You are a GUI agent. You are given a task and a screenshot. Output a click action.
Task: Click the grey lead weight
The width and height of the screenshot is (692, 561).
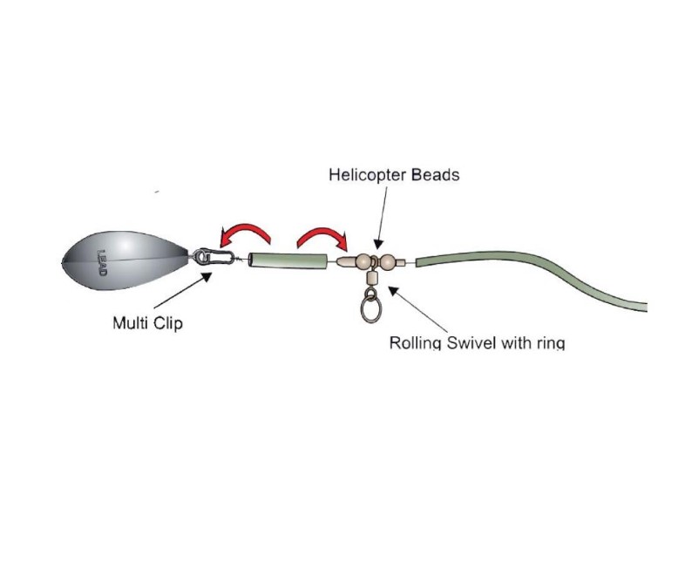click(128, 260)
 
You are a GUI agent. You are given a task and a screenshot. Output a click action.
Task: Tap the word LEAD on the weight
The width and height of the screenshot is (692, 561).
click(101, 263)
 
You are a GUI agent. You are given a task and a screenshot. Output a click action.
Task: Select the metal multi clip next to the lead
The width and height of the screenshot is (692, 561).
click(214, 256)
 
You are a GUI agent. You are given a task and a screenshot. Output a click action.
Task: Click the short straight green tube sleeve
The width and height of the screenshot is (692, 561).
click(288, 260)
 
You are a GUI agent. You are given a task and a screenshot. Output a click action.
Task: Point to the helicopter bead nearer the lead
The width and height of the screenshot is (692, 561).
click(363, 261)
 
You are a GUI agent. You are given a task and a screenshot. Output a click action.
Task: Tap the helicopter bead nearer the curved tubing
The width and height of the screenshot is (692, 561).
click(387, 262)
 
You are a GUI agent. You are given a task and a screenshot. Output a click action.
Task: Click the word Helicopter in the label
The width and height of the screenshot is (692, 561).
click(368, 175)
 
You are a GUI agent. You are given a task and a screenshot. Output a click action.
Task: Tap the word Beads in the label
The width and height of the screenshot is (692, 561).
click(436, 174)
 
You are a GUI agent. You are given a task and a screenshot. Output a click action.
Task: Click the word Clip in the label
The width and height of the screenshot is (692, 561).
click(167, 323)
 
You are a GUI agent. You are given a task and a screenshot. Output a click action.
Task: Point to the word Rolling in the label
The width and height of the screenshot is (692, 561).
click(417, 342)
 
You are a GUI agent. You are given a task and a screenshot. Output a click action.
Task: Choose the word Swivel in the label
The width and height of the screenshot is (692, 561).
click(472, 342)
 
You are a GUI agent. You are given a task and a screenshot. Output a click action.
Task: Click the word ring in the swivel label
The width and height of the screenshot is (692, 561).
click(550, 343)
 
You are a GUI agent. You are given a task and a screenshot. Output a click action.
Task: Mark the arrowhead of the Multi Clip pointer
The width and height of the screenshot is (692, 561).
click(206, 276)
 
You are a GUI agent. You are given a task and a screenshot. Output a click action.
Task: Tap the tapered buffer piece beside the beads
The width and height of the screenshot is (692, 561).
click(347, 261)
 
